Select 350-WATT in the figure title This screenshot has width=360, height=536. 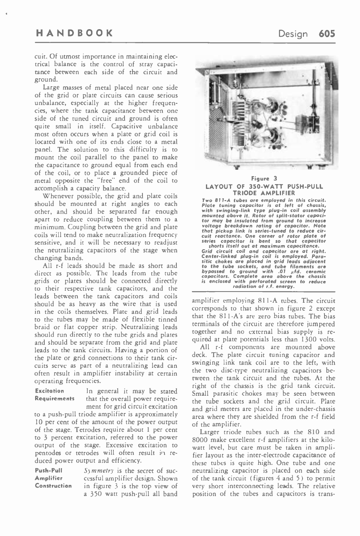pyautogui.click(x=254, y=186)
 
